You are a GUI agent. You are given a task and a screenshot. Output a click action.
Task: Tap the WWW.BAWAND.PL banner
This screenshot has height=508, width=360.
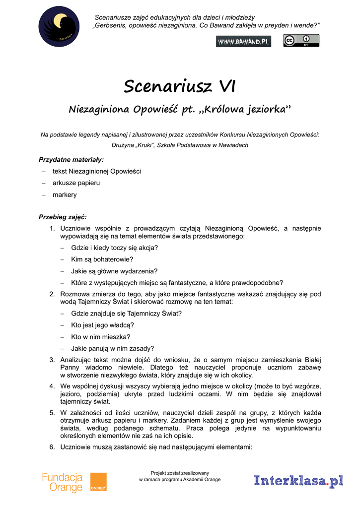coord(243,42)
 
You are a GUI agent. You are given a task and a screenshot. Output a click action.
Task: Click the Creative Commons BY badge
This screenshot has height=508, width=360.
coord(301,41)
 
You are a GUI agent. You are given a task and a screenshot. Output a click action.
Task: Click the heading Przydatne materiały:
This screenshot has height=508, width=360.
coord(72,160)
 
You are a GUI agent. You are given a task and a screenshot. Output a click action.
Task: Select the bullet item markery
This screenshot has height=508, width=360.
coord(65,195)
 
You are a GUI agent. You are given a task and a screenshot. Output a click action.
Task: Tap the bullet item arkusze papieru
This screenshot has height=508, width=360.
coord(76,183)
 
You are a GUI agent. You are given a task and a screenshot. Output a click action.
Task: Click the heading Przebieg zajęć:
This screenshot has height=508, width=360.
coord(63,217)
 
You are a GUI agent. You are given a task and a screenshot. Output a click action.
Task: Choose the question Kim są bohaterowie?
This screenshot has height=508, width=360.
coord(102,259)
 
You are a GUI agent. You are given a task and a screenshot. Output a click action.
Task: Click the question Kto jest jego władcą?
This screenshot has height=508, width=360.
coord(102,325)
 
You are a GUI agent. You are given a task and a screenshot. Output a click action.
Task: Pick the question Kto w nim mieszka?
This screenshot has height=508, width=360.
coord(100,337)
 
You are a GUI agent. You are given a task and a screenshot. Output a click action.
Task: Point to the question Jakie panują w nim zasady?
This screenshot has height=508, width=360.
coord(112,348)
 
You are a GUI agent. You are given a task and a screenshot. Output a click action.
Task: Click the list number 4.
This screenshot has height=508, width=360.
coord(52,385)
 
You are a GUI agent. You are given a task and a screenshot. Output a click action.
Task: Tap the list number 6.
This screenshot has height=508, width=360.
coord(52,446)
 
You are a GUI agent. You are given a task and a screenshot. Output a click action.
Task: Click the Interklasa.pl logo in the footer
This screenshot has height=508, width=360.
coord(298,481)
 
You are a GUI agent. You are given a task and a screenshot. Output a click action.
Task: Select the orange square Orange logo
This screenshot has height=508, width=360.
coord(98,482)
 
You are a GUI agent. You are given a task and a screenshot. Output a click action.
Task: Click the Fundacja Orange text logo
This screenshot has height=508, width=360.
coord(62,482)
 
